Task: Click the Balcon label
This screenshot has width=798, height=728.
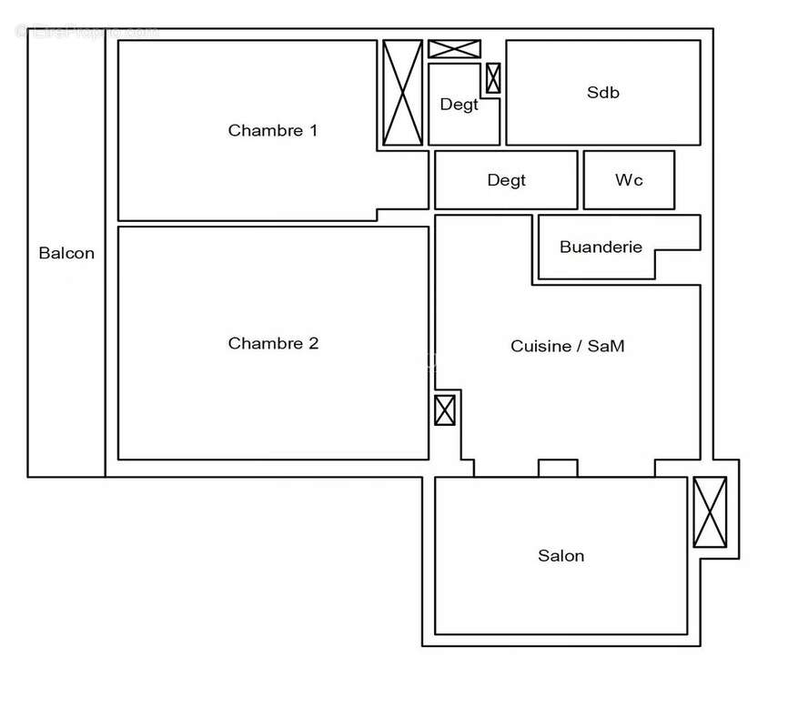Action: pyautogui.click(x=66, y=253)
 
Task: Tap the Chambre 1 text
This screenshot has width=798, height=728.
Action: pyautogui.click(x=273, y=130)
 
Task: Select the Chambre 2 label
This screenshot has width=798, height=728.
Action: pyautogui.click(x=273, y=343)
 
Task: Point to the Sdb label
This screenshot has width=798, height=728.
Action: pyautogui.click(x=603, y=92)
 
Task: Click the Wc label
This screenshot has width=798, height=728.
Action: pyautogui.click(x=629, y=180)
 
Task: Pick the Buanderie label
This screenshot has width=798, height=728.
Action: pyautogui.click(x=601, y=247)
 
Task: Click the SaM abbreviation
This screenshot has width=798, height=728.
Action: pyautogui.click(x=605, y=346)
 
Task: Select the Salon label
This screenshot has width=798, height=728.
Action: pyautogui.click(x=561, y=556)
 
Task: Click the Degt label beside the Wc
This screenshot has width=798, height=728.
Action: pyautogui.click(x=506, y=180)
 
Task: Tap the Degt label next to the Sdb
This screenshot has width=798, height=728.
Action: pyautogui.click(x=459, y=105)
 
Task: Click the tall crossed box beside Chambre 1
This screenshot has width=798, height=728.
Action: pyautogui.click(x=402, y=92)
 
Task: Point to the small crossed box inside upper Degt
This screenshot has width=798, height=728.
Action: pyautogui.click(x=492, y=78)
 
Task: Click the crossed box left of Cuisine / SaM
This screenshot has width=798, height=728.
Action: pyautogui.click(x=444, y=410)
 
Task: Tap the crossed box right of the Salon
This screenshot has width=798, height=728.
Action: pyautogui.click(x=710, y=512)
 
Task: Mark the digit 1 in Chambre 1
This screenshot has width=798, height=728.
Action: pyautogui.click(x=313, y=130)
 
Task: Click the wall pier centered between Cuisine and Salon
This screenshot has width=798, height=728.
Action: pyautogui.click(x=558, y=468)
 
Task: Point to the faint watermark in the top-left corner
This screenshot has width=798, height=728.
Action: pyautogui.click(x=86, y=32)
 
